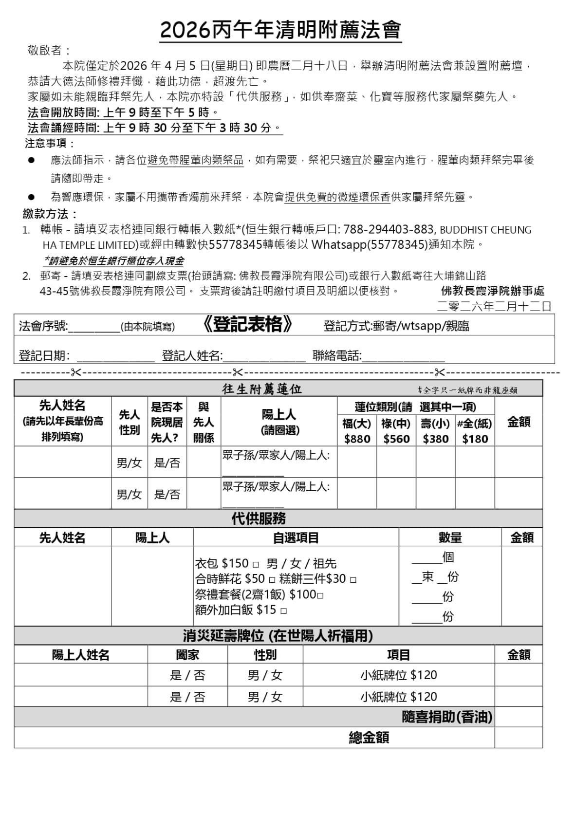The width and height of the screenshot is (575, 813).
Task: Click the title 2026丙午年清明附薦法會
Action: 280,30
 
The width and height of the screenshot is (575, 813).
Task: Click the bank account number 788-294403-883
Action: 388,229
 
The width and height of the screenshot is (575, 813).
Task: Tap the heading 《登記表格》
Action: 247,325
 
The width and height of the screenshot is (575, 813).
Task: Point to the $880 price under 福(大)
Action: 357,439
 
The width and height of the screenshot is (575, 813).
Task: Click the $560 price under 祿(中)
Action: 396,439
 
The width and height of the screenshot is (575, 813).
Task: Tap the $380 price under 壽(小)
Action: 436,439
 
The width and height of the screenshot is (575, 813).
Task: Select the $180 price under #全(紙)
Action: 475,439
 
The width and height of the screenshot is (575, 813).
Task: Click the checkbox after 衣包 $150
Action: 256,565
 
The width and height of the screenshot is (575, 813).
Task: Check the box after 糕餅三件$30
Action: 353,580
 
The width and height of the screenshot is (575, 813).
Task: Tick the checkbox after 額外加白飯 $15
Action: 284,610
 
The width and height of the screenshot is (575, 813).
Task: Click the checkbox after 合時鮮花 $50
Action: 272,580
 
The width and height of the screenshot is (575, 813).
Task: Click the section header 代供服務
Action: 259,518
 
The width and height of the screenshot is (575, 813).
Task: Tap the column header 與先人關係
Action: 204,422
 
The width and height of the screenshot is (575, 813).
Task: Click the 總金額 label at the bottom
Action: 369,738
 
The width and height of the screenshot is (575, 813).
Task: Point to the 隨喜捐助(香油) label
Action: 446,717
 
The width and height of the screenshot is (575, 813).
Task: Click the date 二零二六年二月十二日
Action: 494,306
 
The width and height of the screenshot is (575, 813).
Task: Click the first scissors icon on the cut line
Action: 76,373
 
